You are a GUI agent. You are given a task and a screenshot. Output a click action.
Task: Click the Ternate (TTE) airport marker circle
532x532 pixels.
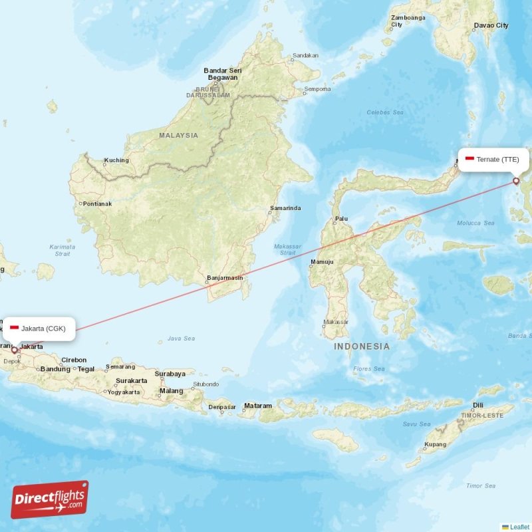pos(516,180)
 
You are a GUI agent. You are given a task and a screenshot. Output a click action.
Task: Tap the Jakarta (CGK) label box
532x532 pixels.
pos(38,328)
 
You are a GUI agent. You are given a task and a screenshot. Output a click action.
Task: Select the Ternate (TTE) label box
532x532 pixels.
pos(493,160)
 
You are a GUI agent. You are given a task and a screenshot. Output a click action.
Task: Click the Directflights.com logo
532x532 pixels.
pos(50,499)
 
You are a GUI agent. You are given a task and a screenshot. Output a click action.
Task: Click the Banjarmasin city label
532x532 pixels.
pos(225,277)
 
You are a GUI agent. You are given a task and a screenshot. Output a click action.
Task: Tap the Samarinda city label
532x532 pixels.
pos(285,208)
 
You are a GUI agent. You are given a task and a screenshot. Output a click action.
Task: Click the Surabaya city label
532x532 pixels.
pos(170,374)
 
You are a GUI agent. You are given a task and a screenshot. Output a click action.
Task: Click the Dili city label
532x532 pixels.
pos(477,405)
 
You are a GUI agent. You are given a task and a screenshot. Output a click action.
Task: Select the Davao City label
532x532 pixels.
pos(491,25)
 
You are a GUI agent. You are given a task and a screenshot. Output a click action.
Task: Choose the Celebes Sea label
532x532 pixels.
pos(385,112)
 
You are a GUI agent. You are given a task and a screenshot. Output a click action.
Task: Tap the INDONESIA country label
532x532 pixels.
pos(362,346)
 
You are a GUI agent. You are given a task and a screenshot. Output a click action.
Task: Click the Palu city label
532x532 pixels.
pos(341,218)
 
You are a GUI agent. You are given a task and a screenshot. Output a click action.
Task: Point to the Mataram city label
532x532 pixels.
pos(258,406)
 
